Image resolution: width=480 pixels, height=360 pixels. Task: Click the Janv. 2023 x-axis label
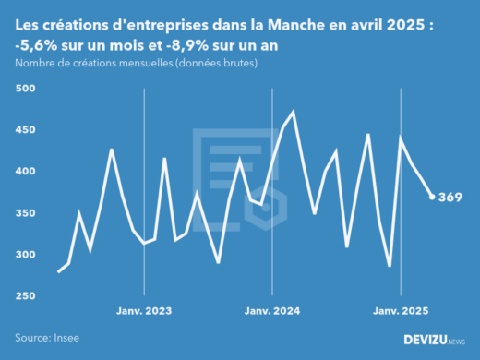pyautogui.click(x=144, y=312)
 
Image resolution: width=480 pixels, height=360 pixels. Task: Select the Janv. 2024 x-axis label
pyautogui.click(x=272, y=312)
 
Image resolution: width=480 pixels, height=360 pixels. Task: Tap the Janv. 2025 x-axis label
pyautogui.click(x=401, y=312)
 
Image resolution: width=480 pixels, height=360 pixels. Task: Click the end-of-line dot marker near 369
pyautogui.click(x=432, y=197)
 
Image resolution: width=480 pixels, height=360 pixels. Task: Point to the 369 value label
pyautogui.click(x=450, y=198)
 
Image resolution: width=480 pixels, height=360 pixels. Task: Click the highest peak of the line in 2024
pyautogui.click(x=294, y=112)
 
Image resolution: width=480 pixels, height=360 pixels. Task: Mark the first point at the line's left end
pyautogui.click(x=58, y=271)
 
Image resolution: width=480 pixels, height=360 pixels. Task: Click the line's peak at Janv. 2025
pyautogui.click(x=401, y=138)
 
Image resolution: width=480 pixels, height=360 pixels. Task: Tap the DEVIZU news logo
pyautogui.click(x=434, y=340)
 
